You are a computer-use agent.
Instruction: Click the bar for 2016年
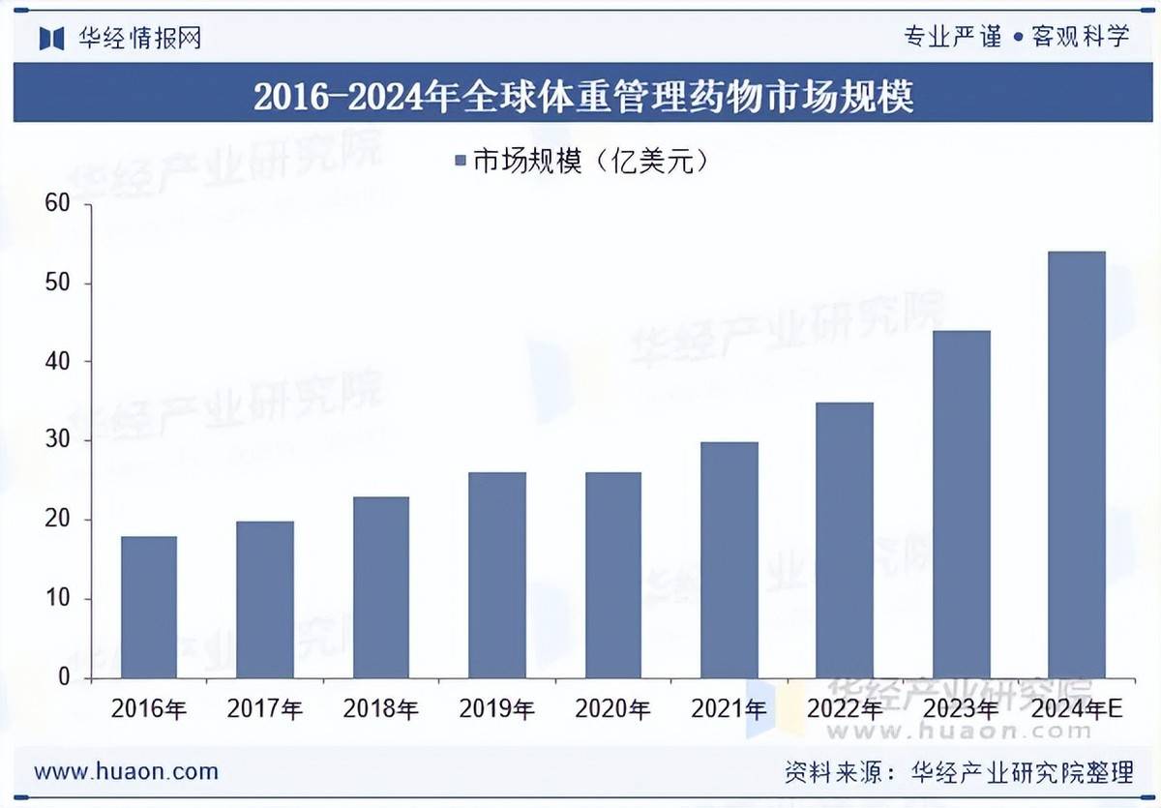pos(149,608)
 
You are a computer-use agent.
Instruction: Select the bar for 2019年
pos(496,576)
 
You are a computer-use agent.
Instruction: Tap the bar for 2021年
pos(729,560)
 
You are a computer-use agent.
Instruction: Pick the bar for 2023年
pos(961,504)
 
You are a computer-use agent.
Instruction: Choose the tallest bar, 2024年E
pos(1077,464)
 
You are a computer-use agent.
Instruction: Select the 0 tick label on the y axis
pos(64,678)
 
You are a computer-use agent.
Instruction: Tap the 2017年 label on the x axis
pos(264,709)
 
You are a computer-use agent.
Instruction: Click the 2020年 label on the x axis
pos(612,709)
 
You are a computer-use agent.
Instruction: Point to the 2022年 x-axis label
pos(845,709)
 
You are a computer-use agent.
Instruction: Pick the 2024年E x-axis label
pos(1077,709)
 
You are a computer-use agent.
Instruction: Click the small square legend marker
pos(460,162)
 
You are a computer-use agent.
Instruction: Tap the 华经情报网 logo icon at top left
pos(50,39)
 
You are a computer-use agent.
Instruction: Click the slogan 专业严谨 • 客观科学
pos(1016,38)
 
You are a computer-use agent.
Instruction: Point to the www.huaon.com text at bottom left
pos(126,771)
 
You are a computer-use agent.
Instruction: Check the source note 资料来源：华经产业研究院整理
pos(958,772)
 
